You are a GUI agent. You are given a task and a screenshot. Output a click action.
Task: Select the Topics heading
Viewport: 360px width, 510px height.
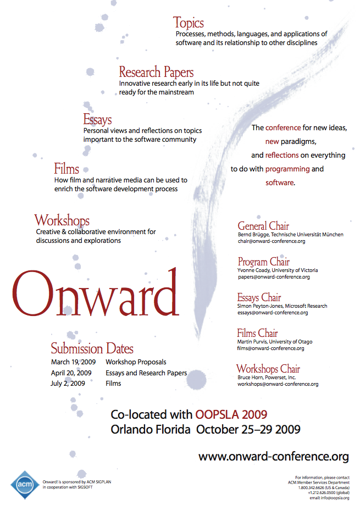pyautogui.click(x=189, y=23)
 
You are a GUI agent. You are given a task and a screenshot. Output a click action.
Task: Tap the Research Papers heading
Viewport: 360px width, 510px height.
pyautogui.click(x=156, y=72)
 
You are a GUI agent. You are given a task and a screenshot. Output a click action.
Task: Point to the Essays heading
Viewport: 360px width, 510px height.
pyautogui.click(x=97, y=119)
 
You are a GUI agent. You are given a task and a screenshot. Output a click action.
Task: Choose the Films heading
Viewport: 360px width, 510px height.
pyautogui.click(x=67, y=168)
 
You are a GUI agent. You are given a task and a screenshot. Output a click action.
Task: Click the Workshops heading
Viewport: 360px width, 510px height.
pyautogui.click(x=62, y=221)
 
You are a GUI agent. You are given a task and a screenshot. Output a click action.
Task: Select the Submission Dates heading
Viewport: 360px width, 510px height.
pyautogui.click(x=92, y=348)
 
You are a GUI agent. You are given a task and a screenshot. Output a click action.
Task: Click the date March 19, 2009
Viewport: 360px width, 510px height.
pyautogui.click(x=73, y=362)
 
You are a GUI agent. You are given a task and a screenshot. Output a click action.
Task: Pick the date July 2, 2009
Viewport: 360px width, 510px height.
pyautogui.click(x=68, y=384)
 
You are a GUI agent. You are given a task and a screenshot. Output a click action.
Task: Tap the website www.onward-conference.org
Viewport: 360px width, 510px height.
pyautogui.click(x=274, y=456)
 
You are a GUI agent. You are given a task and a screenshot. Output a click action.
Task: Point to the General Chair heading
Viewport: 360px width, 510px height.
pyautogui.click(x=263, y=226)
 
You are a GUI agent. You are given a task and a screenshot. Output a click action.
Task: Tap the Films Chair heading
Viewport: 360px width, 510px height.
pyautogui.click(x=257, y=333)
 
